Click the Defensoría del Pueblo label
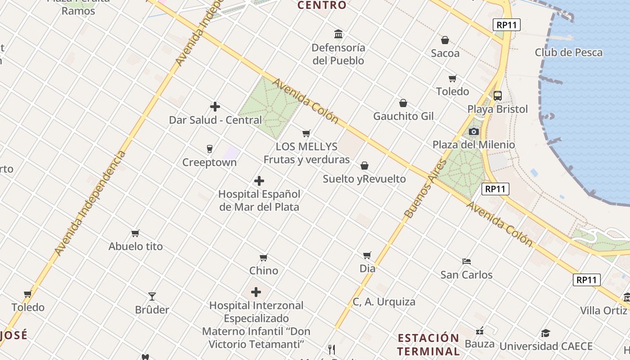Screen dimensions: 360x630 coord(338,54)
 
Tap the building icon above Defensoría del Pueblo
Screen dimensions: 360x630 coord(338,34)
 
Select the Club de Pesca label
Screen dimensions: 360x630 coord(568,52)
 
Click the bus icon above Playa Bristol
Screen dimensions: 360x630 coord(497,95)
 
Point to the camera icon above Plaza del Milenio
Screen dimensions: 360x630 coord(473,131)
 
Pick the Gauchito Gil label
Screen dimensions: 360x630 coord(403,116)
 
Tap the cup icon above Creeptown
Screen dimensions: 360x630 coord(209,148)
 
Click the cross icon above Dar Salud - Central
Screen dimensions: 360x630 coord(215,107)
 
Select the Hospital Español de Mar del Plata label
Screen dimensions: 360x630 coord(259,201)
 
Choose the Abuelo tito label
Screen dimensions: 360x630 coord(135,246)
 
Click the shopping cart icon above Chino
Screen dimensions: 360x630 coord(264,257)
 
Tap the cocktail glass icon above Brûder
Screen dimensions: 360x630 coord(152,296)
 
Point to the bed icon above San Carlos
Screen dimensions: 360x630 coord(466,261)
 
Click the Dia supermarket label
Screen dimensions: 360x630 coord(367,268)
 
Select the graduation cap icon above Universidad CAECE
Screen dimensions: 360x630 coord(545,333)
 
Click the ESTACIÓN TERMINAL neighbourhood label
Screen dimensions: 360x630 coord(428,344)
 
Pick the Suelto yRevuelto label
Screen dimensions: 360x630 coord(364,179)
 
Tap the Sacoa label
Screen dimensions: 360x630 coord(445,53)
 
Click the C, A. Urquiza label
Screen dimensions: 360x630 coord(384,301)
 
